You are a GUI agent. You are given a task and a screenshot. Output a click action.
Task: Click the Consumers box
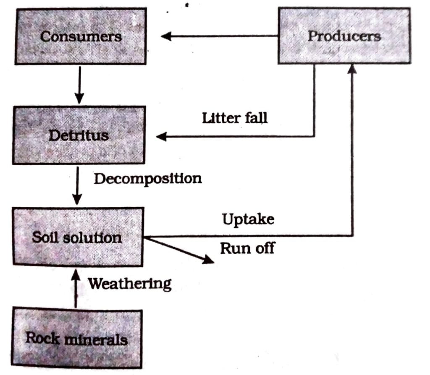pos(81,36)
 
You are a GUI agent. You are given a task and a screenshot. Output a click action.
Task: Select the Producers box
pos(344,36)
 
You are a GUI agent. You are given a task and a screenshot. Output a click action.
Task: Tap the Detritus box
pos(79,135)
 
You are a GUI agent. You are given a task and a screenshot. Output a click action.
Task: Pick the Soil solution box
pos(78,237)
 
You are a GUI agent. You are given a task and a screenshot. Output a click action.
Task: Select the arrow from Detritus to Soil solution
pos(76,185)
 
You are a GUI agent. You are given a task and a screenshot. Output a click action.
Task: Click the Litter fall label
pos(234,118)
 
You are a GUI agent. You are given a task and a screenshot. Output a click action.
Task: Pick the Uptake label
pos(248,219)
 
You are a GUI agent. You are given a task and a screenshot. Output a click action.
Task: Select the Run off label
pos(247,248)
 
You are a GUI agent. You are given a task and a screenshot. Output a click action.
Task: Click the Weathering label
pos(129,284)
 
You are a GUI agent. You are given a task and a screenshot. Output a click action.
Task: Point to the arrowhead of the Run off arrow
pos(209,260)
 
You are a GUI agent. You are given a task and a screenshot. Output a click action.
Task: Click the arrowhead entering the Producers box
pos(352,70)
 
